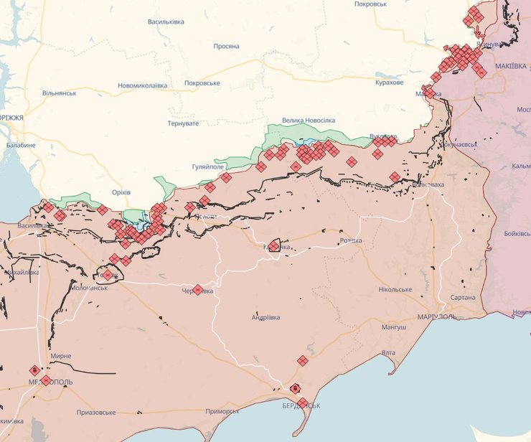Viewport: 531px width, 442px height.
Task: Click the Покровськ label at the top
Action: pos(371,4)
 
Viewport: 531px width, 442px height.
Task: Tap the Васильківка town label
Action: pos(166,22)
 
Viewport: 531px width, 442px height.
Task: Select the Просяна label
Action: pos(226,46)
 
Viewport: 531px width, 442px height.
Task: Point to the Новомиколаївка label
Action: pos(143,85)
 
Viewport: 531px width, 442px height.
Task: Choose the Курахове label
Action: pos(389,83)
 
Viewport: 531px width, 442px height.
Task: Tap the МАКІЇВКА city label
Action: pos(511,67)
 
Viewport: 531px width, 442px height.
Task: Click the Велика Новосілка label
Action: pos(308,121)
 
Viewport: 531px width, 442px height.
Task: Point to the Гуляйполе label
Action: pos(208,166)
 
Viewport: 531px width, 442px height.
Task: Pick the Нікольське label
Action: pos(395,290)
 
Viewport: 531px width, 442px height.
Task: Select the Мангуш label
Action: pos(394,327)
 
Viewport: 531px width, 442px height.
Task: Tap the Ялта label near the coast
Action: pos(388,352)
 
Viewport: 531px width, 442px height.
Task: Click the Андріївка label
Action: pos(265,317)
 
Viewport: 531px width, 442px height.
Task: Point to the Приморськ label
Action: pos(222,411)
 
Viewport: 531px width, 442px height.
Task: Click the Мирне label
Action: pos(60,356)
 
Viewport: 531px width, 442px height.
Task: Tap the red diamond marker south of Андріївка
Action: pos(303,360)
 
